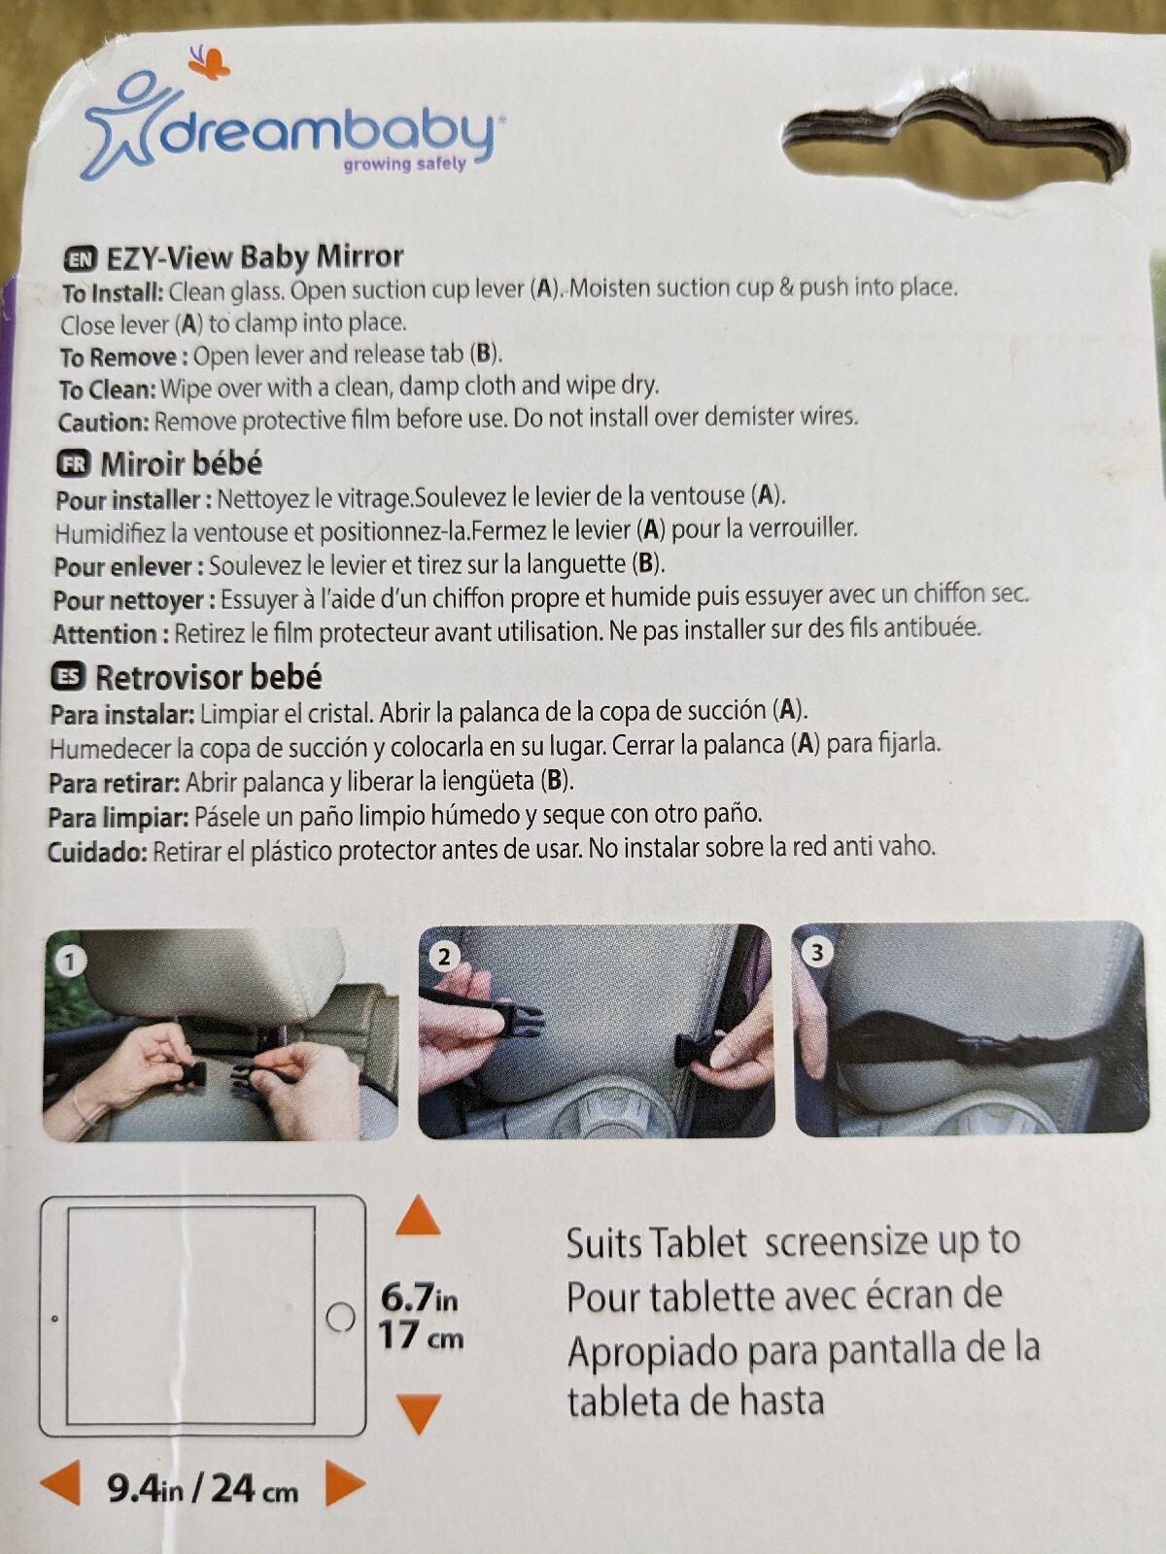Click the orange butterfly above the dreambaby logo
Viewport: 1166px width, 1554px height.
point(209,61)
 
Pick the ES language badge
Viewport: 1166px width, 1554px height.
point(69,678)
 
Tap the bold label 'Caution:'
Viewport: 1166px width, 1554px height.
point(104,422)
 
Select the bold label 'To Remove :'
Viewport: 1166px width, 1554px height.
point(124,356)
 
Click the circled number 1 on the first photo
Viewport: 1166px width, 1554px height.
point(69,962)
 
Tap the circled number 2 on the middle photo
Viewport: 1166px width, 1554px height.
point(444,958)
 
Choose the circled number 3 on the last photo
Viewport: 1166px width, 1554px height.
point(817,952)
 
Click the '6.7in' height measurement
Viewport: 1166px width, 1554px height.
point(419,1299)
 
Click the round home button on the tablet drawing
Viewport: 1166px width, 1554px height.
point(341,1317)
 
